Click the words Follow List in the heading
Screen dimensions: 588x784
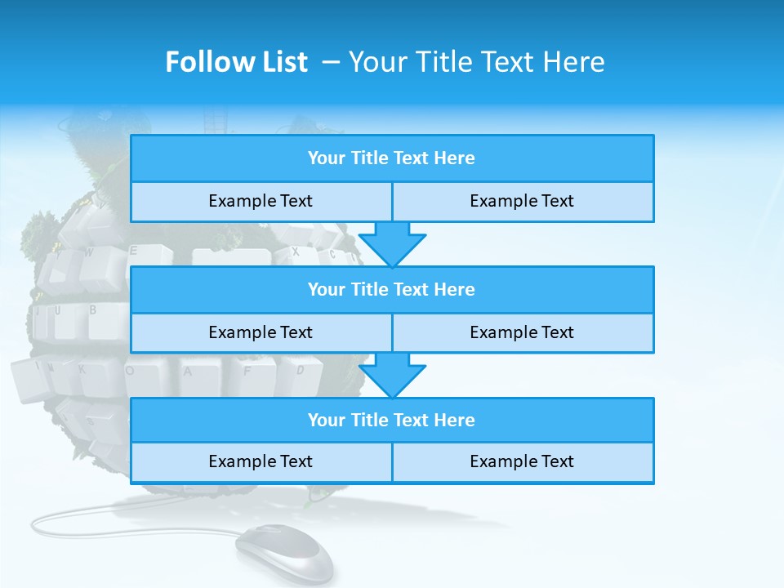(236, 62)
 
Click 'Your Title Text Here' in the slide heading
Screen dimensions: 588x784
(476, 62)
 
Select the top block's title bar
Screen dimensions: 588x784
(392, 158)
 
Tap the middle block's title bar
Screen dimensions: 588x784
(392, 289)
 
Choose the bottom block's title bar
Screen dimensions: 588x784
(392, 420)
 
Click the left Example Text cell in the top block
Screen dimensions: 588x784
(261, 201)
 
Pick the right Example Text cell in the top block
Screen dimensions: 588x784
(523, 201)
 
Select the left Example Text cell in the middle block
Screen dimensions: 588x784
(261, 332)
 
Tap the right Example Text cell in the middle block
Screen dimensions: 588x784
(523, 332)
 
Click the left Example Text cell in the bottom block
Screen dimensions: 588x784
(261, 461)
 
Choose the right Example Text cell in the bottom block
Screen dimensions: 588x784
(523, 461)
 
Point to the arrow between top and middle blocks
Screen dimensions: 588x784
(392, 243)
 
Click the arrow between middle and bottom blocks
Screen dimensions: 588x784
(392, 375)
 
